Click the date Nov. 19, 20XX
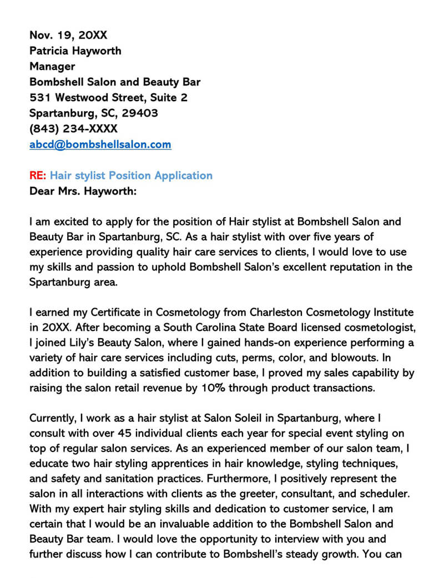coord(68,36)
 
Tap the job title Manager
coord(52,67)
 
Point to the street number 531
coord(39,98)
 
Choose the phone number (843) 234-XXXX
coord(73,129)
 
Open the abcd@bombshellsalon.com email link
coord(100,144)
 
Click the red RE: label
coord(38,175)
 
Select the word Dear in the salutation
coord(42,191)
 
